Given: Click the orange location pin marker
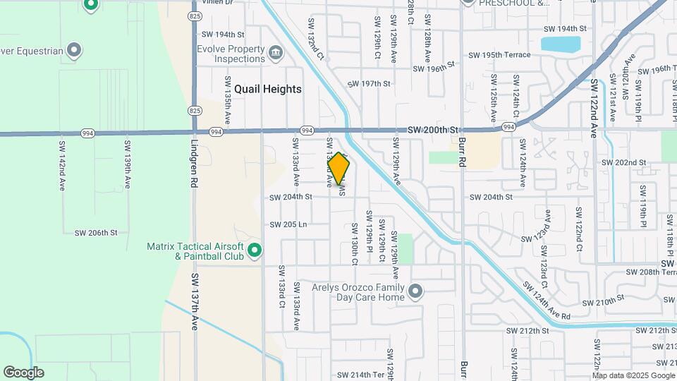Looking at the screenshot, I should coord(339,169).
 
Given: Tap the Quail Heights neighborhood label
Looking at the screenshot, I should coord(268,89).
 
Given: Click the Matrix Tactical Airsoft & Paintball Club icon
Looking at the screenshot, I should coord(255,250).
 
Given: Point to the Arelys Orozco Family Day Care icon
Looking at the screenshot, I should coord(416,291).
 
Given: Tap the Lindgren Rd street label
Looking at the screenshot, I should coord(195,162).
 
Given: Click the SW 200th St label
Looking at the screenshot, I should coord(434,130).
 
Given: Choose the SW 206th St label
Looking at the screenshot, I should coord(95,232).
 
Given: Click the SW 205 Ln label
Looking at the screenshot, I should coord(288,224).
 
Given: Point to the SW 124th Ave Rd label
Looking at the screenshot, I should coord(547,301).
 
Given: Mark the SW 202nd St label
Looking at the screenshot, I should coord(623,162).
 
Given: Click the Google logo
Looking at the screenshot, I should coord(23,373).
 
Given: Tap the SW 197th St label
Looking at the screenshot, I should coord(369,83).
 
